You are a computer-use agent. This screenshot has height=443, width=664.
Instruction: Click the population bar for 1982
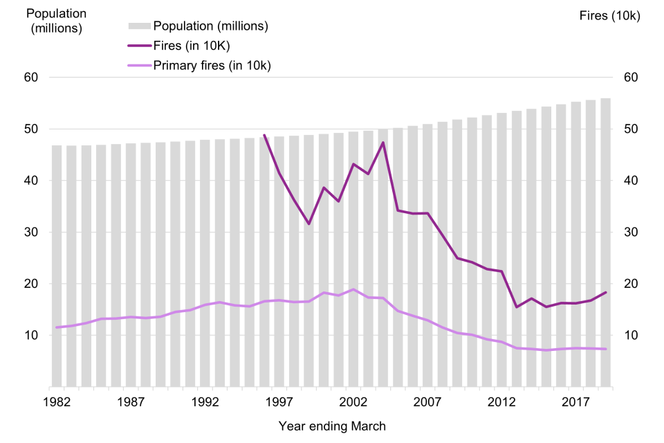[x=57, y=266]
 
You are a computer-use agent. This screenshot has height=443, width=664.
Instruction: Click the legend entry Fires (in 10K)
[x=191, y=46]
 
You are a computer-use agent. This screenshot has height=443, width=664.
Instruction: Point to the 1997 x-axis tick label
[x=279, y=401]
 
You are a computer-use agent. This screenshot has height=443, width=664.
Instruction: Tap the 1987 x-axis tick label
[x=130, y=401]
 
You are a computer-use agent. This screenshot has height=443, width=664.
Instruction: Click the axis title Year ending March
[x=332, y=426]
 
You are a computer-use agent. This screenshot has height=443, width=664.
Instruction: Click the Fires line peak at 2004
[x=383, y=143]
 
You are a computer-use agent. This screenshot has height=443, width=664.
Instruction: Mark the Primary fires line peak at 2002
[x=353, y=289]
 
